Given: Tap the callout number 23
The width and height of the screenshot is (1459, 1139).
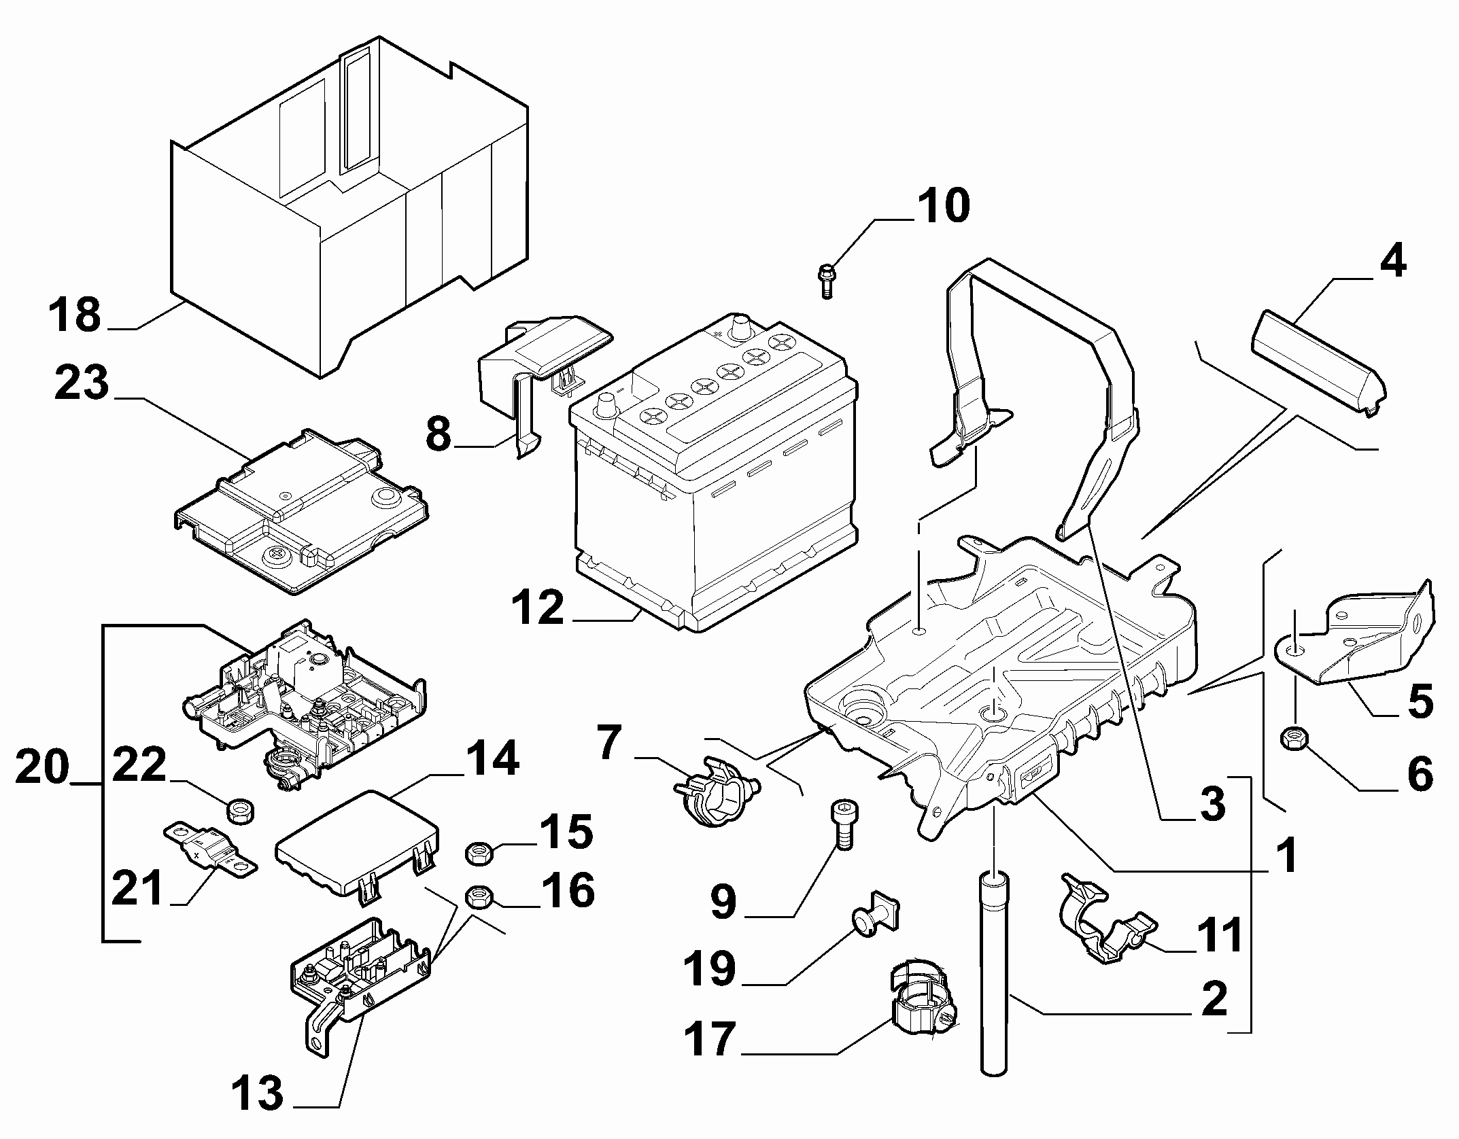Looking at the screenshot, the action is tap(81, 385).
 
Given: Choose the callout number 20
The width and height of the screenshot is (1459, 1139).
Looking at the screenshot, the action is tap(41, 767).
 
